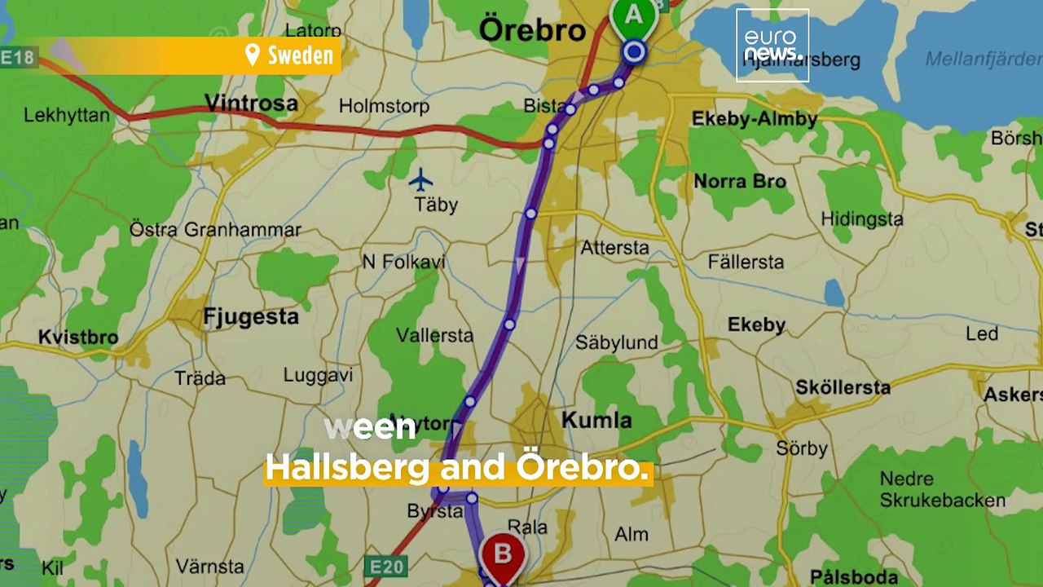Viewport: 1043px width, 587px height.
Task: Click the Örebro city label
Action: pos(532,31)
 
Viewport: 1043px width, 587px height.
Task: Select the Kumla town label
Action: pos(596,421)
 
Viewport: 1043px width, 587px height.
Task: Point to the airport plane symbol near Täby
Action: pos(420,179)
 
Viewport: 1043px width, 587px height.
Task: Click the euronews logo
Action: pos(772,46)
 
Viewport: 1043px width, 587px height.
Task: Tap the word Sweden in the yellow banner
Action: pos(301,55)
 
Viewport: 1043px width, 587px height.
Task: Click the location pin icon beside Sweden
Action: pos(253,55)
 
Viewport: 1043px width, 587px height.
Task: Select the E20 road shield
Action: pos(387,567)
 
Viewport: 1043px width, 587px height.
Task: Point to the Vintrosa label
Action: pos(251,104)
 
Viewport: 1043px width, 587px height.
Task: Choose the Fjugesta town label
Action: pos(251,316)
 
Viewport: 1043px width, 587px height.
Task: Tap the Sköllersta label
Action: pos(843,387)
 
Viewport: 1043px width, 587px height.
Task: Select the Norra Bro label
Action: pos(740,181)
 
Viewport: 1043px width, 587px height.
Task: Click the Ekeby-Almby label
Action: pos(754,119)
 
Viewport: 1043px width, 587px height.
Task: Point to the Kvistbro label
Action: pos(78,337)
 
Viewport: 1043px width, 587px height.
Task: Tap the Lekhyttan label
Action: pos(67,115)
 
